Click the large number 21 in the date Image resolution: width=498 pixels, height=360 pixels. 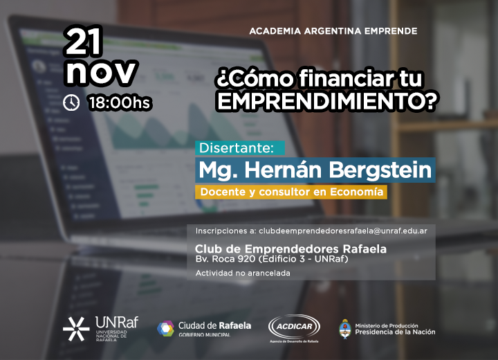[x=84, y=41]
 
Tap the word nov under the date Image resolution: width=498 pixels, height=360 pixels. [x=101, y=72]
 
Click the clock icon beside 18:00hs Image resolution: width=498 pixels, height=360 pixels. [x=71, y=102]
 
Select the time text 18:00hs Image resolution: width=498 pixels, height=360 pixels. [x=120, y=102]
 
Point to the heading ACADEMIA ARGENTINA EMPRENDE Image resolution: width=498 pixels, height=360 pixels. [x=333, y=31]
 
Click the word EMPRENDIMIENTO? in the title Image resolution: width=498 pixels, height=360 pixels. [x=327, y=101]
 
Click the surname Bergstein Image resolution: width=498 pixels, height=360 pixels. [x=380, y=170]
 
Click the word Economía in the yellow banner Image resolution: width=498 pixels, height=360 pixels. [x=357, y=192]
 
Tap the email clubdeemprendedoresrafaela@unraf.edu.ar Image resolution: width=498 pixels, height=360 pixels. [x=343, y=231]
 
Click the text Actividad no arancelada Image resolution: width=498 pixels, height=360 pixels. [x=243, y=273]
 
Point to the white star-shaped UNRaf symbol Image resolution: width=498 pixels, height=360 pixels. [x=76, y=329]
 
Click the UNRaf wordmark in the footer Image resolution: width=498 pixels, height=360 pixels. [x=117, y=322]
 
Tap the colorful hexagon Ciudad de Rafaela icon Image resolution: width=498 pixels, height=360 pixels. [x=166, y=329]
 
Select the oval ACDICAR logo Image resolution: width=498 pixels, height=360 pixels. [x=294, y=327]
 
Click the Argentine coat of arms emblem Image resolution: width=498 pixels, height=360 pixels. [x=345, y=329]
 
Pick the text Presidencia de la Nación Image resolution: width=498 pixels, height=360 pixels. [x=395, y=332]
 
